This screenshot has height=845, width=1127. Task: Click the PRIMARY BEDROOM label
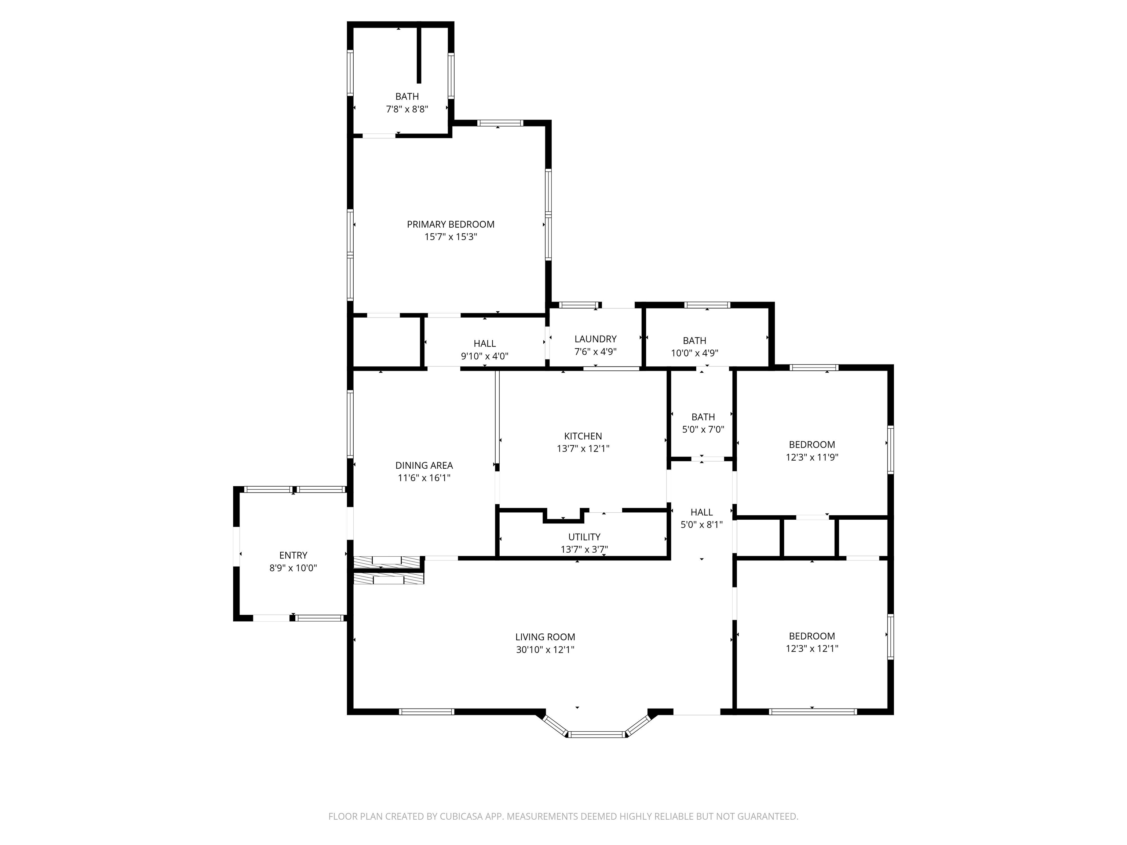[x=451, y=224]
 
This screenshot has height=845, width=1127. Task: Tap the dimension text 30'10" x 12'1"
[x=545, y=650]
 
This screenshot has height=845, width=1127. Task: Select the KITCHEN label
[x=583, y=436]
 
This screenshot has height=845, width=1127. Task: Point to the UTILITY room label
[x=584, y=537]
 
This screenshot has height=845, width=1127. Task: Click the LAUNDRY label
[x=595, y=339]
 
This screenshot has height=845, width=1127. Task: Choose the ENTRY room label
[x=293, y=555]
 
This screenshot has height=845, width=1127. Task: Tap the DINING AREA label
[x=424, y=465]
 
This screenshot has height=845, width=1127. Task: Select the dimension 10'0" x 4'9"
[x=694, y=353]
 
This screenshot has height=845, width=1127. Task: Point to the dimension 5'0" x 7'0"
[x=703, y=429]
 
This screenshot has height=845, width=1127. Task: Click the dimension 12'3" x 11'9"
[x=811, y=457]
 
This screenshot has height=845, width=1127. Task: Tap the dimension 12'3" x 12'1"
[x=811, y=648]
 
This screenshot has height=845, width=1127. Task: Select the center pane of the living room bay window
[x=596, y=734]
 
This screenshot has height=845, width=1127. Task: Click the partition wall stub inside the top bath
[x=419, y=55]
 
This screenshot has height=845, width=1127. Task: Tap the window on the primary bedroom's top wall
[x=500, y=123]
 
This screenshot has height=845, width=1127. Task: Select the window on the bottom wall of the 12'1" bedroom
[x=813, y=712]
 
